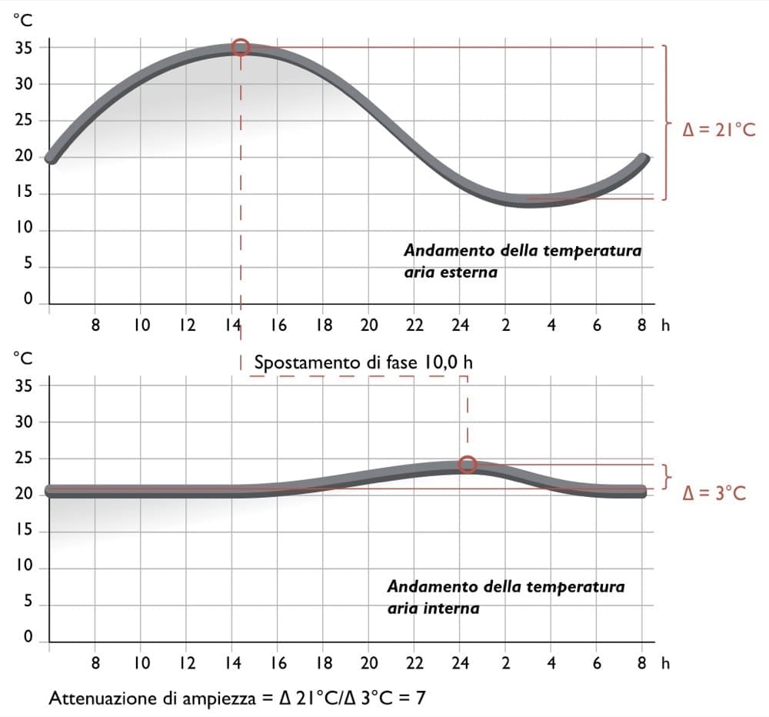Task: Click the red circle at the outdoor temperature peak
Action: click(241, 48)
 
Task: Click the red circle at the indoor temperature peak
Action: click(468, 465)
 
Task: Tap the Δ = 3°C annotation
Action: click(714, 493)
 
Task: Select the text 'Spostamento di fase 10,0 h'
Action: click(358, 362)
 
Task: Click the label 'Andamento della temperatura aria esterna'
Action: click(522, 262)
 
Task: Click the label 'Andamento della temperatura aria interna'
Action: click(505, 597)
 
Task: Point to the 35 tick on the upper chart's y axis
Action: click(24, 48)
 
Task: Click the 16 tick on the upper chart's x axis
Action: click(278, 325)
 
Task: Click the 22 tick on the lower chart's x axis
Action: click(414, 662)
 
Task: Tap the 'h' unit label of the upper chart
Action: click(666, 325)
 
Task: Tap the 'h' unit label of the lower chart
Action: click(666, 662)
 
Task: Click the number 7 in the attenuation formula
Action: click(421, 698)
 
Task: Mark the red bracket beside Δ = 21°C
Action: click(664, 122)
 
